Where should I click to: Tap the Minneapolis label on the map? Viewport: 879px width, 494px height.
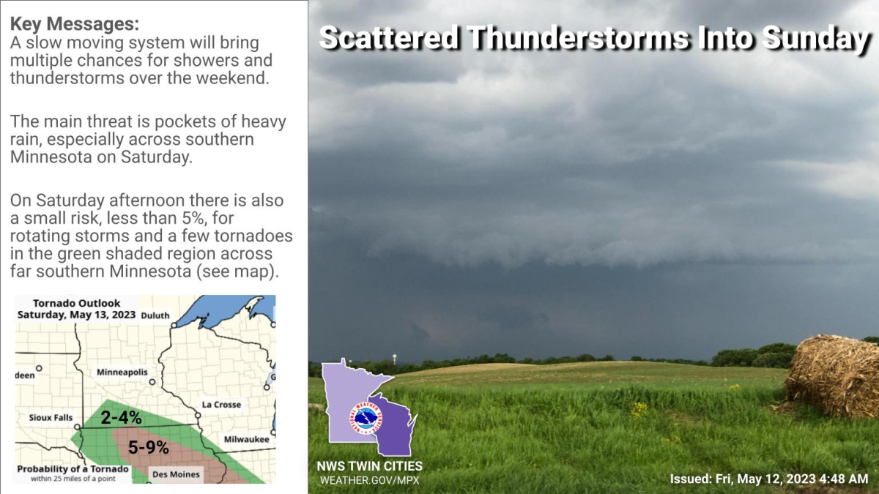click(122, 373)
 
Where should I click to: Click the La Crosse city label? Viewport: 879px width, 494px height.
click(221, 405)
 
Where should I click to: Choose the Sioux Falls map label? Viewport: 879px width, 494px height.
click(51, 417)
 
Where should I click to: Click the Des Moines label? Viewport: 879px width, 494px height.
click(175, 474)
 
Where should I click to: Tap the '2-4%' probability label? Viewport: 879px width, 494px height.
click(121, 418)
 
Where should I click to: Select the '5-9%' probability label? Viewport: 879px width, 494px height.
click(149, 447)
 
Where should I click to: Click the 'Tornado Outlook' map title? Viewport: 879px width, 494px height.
click(77, 303)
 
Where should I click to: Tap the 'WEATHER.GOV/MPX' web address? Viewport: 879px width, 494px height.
click(369, 480)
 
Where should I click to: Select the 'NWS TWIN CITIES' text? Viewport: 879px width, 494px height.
click(369, 466)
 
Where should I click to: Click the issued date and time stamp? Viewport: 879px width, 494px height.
click(768, 479)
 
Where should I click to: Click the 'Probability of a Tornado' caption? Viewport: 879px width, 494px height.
click(73, 469)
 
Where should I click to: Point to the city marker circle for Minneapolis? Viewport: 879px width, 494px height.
click(152, 381)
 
